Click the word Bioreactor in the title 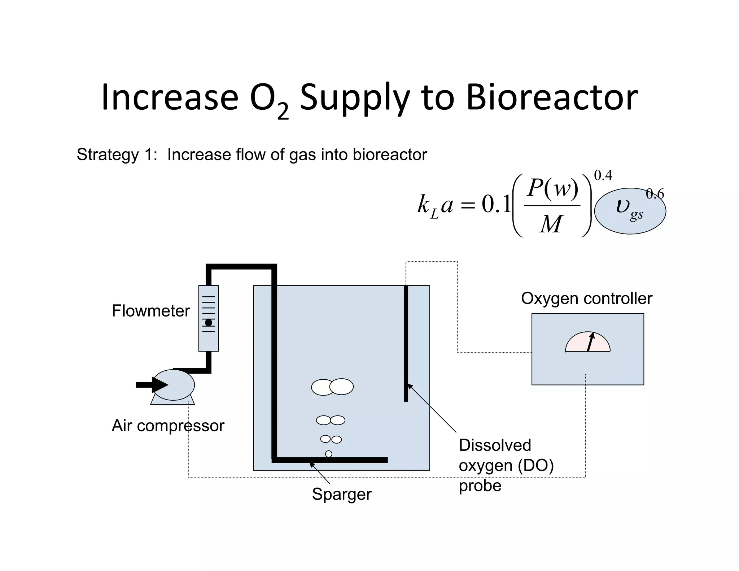pos(552,97)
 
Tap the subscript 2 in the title pos(283,112)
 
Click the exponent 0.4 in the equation pos(603,175)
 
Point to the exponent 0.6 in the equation pos(655,194)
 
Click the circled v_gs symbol pos(629,211)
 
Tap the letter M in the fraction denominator pos(551,224)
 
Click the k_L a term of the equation pos(435,205)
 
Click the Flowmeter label pos(151,311)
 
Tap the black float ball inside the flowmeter pos(209,323)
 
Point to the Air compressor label pos(168,426)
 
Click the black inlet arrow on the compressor pos(152,385)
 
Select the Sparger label pos(341,494)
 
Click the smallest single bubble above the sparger pos(328,454)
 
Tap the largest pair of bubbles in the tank pos(332,387)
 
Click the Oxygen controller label pos(586,298)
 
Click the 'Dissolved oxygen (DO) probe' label pos(506,465)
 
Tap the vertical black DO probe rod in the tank pos(406,343)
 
